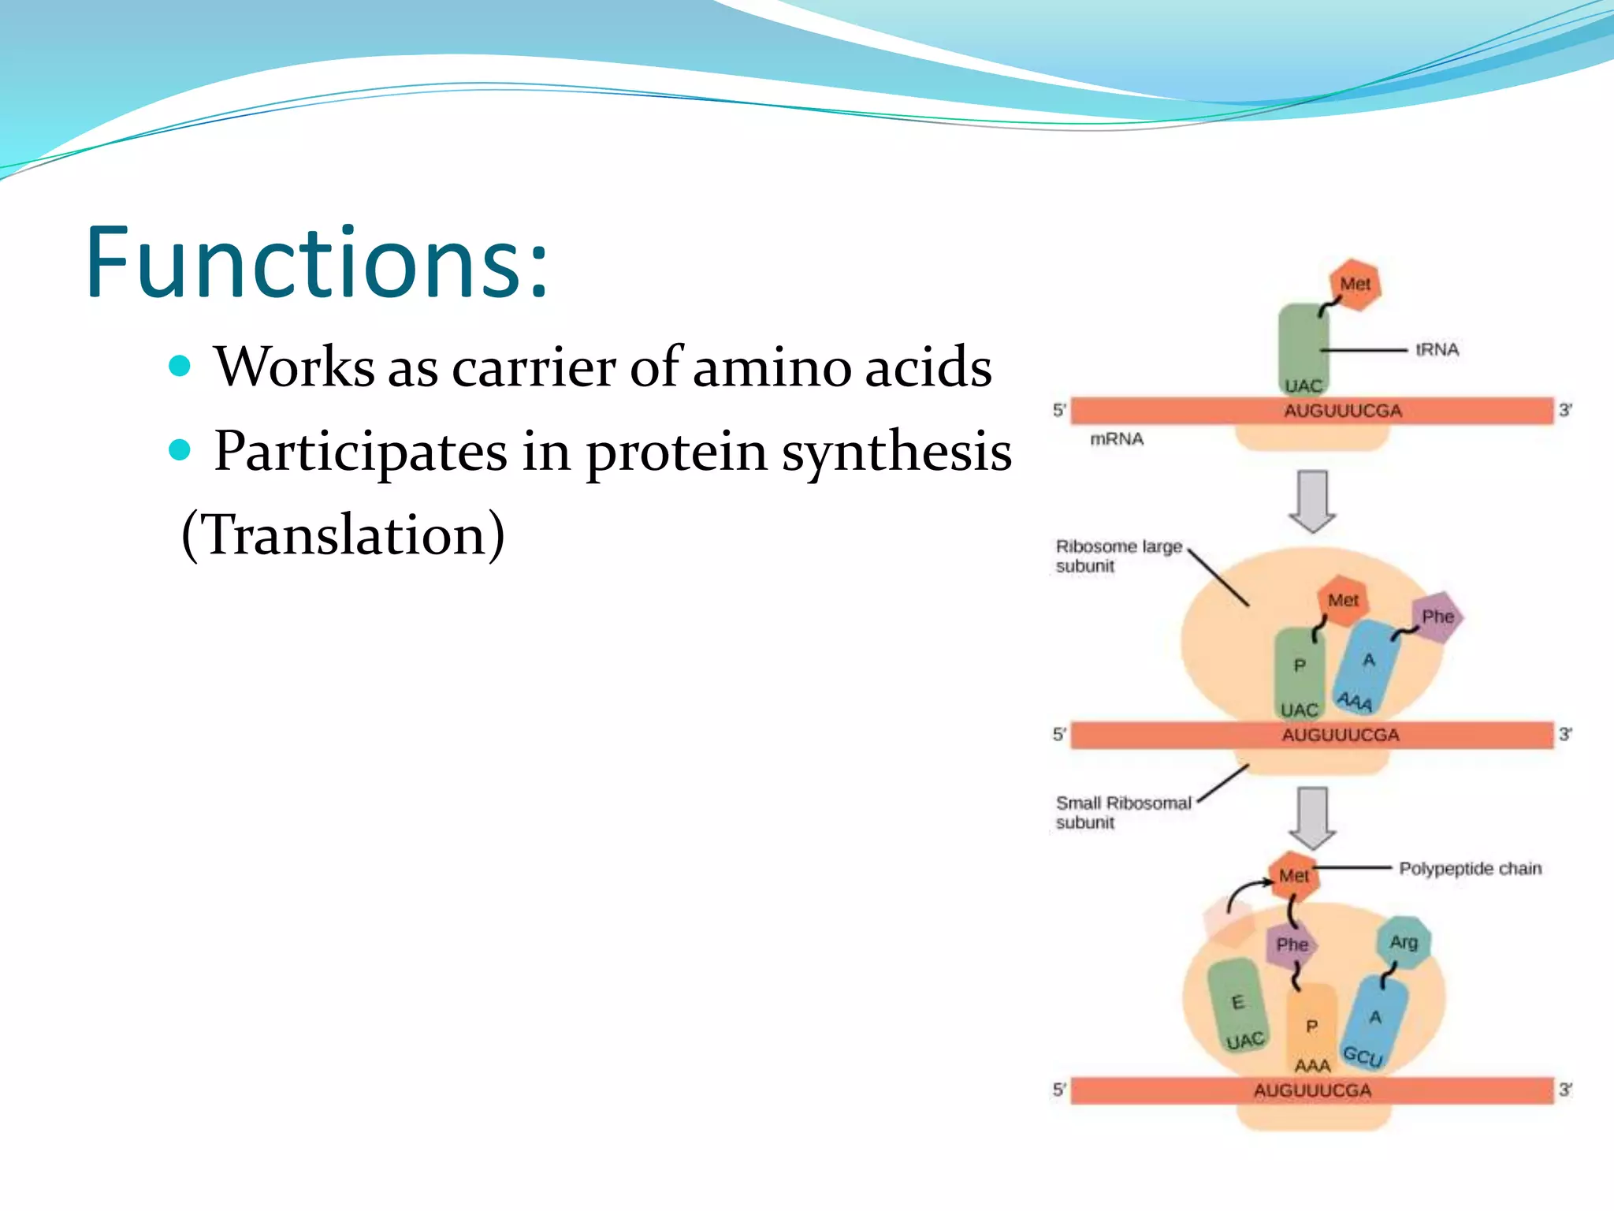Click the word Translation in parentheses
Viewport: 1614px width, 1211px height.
[x=343, y=535]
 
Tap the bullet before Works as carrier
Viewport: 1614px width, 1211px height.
[x=180, y=366]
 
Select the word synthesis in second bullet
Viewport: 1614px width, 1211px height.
[x=896, y=452]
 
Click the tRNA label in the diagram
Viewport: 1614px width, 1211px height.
[x=1437, y=349]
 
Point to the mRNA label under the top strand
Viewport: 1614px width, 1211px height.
[x=1116, y=439]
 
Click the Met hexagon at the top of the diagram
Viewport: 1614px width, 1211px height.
[x=1355, y=285]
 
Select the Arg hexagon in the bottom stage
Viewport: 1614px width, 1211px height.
[x=1404, y=942]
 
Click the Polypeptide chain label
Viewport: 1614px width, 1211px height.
[x=1470, y=869]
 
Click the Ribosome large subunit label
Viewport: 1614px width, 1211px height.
[x=1118, y=556]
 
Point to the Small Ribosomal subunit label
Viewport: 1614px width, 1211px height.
[x=1122, y=812]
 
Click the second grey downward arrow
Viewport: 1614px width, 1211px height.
[x=1312, y=818]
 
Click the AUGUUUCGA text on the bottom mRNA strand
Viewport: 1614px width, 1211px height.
[x=1312, y=1090]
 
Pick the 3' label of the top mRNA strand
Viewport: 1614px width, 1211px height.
[x=1565, y=410]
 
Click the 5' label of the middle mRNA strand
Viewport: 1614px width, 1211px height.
[x=1059, y=735]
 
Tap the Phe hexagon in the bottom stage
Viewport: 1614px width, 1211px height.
[x=1292, y=945]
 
